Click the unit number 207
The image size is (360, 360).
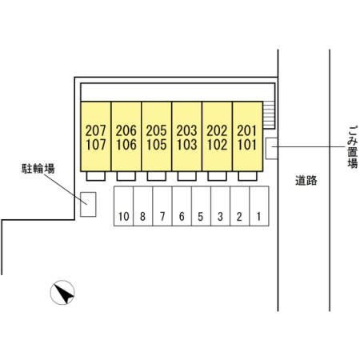click(96, 130)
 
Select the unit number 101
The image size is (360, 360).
click(247, 145)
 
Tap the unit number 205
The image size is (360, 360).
click(156, 130)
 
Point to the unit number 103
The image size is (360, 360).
click(186, 145)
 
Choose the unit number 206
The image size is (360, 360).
click(126, 130)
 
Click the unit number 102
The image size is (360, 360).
click(217, 145)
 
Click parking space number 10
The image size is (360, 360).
click(124, 217)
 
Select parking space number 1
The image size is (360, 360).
click(258, 217)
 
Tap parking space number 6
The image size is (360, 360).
click(182, 217)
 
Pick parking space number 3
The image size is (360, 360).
click(220, 217)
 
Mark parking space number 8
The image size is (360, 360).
click(142, 217)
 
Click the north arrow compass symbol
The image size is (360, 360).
click(62, 293)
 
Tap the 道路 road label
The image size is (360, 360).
click(306, 181)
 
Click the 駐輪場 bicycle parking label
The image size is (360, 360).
click(38, 169)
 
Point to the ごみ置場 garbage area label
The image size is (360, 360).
click(353, 147)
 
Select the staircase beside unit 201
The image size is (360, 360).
click(269, 115)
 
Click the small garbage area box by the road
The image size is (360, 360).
click(272, 149)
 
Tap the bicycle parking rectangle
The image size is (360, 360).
click(88, 204)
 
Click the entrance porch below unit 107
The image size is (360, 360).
click(96, 176)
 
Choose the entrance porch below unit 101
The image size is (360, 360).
click(247, 176)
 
